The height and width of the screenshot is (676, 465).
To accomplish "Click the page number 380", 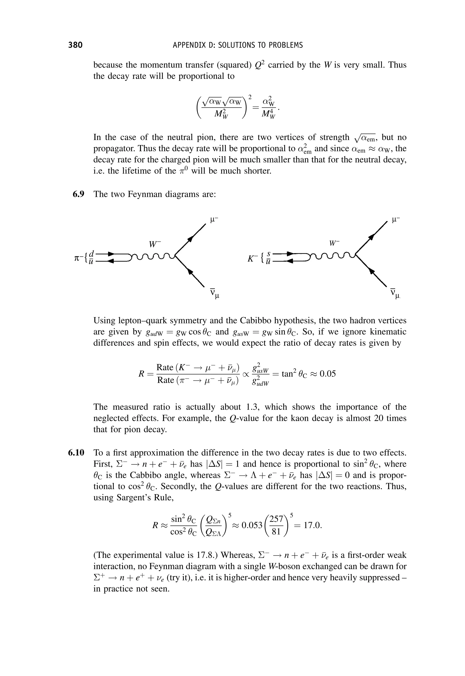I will point(75,45).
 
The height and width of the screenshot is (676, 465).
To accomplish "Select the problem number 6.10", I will point(76,453).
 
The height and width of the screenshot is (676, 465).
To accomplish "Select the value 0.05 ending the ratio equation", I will point(327,374).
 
